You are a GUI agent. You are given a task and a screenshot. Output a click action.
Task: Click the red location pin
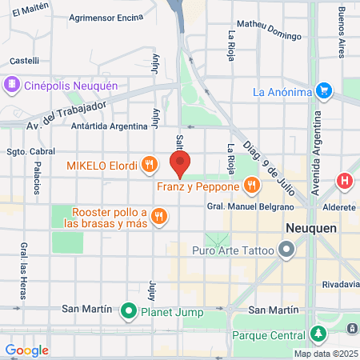180,165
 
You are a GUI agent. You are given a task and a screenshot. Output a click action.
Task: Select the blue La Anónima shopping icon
323,91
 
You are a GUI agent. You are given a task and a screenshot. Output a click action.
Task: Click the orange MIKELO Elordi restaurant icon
149,166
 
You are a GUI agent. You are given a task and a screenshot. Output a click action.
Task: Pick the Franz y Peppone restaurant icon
252,186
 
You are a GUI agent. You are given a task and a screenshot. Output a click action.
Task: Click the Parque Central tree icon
319,334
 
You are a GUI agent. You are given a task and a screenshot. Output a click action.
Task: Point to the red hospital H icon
346,181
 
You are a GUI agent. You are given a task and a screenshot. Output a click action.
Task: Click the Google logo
26,350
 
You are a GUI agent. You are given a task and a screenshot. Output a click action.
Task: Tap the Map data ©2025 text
326,354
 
